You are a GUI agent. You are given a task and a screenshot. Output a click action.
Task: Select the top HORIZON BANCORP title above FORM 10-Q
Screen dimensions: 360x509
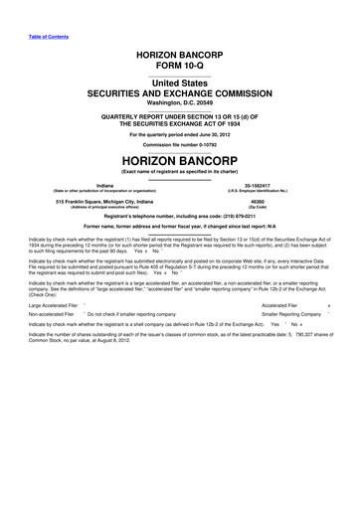tap(180, 47)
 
